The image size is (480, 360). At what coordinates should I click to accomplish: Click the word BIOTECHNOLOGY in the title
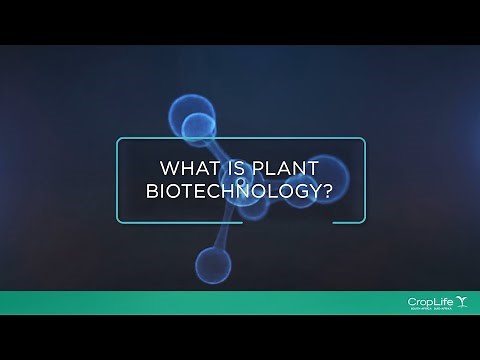[x=236, y=193]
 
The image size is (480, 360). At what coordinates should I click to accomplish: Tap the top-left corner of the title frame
[x=117, y=139]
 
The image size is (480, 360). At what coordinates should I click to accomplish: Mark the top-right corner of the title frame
[x=365, y=139]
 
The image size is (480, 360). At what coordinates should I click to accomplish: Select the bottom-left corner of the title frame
[x=117, y=221]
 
